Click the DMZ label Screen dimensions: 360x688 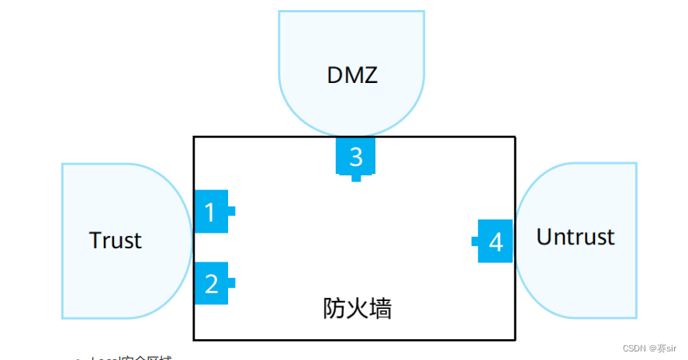coord(353,75)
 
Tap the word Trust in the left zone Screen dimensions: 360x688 coord(116,240)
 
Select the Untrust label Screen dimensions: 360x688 coord(575,236)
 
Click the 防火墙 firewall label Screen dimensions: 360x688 coord(357,308)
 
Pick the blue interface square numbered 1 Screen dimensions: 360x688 coord(210,211)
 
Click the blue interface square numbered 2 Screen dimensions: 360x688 coord(211,283)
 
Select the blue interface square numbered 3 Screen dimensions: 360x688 coord(355,156)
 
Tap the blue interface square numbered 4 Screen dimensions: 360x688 coord(495,241)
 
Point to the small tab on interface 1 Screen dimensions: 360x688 coord(231,211)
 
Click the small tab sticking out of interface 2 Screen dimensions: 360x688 coord(231,283)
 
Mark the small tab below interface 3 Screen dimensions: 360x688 coord(356,178)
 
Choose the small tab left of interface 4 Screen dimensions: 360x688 coord(475,241)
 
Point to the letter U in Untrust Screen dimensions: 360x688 coord(545,236)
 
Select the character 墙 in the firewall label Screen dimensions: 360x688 coord(380,308)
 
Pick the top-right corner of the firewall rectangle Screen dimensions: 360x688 coord(514,137)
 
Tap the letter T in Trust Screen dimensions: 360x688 coord(95,240)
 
